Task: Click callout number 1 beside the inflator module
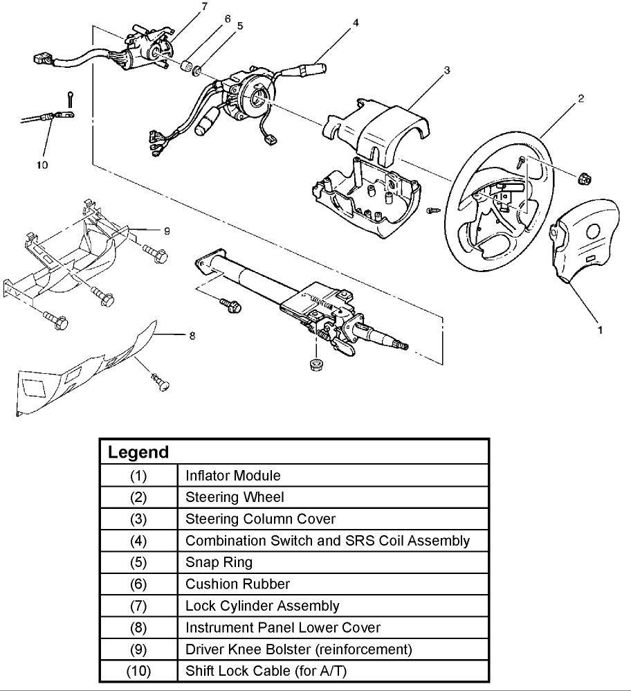[x=600, y=330]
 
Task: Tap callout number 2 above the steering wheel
[x=580, y=99]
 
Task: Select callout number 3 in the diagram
[x=448, y=70]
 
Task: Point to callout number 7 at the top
[x=185, y=7]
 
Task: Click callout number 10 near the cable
[x=42, y=165]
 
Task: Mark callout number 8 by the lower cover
[x=192, y=336]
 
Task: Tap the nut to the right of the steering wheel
[x=584, y=179]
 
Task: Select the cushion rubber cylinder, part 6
[x=185, y=67]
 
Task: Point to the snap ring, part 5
[x=198, y=70]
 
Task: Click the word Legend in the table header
[x=138, y=453]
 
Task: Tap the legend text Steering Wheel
[x=235, y=497]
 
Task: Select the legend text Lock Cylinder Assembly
[x=262, y=606]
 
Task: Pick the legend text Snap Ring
[x=219, y=562]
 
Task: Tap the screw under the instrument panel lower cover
[x=161, y=382]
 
